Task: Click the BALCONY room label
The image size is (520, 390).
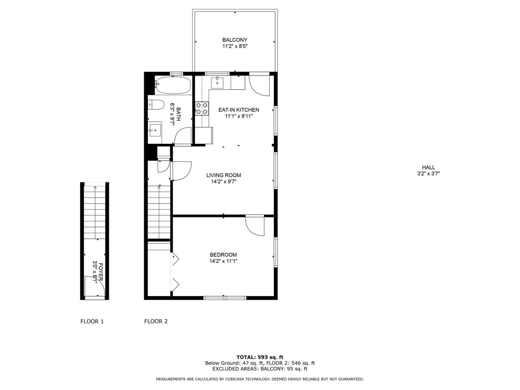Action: click(234, 40)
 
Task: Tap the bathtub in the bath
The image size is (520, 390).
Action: click(173, 85)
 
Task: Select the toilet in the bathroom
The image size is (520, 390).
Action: click(156, 105)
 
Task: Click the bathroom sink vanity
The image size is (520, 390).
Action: click(155, 129)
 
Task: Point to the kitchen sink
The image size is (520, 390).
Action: click(217, 82)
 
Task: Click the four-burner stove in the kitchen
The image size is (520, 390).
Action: click(202, 108)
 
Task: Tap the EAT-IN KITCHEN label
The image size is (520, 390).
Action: click(238, 110)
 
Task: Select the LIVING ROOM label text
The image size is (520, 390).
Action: click(223, 175)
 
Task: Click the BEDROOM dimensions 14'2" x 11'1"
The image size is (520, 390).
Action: click(223, 261)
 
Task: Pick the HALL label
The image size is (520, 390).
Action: click(428, 167)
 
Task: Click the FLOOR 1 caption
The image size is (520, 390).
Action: click(92, 321)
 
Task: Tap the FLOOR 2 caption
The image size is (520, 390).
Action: click(156, 321)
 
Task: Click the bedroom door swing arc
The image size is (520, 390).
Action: click(251, 231)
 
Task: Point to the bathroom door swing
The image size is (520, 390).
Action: click(180, 132)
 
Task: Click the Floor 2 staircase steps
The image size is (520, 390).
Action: click(159, 212)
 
